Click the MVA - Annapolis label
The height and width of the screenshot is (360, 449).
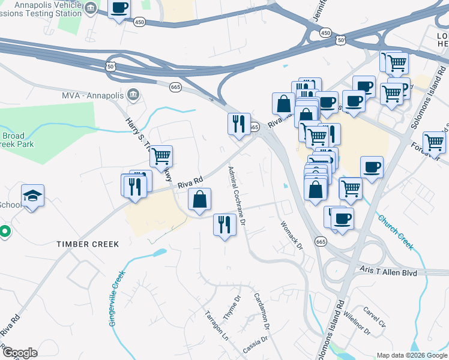[x=92, y=95]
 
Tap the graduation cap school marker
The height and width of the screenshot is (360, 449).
[x=33, y=196]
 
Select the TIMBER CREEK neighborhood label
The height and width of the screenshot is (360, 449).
[x=88, y=244]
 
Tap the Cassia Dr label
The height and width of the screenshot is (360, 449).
[x=254, y=346]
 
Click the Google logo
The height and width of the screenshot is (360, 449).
[x=20, y=352]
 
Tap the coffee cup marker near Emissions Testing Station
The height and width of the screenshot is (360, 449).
[x=119, y=8]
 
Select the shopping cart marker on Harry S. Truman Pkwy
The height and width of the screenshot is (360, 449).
[x=161, y=157]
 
